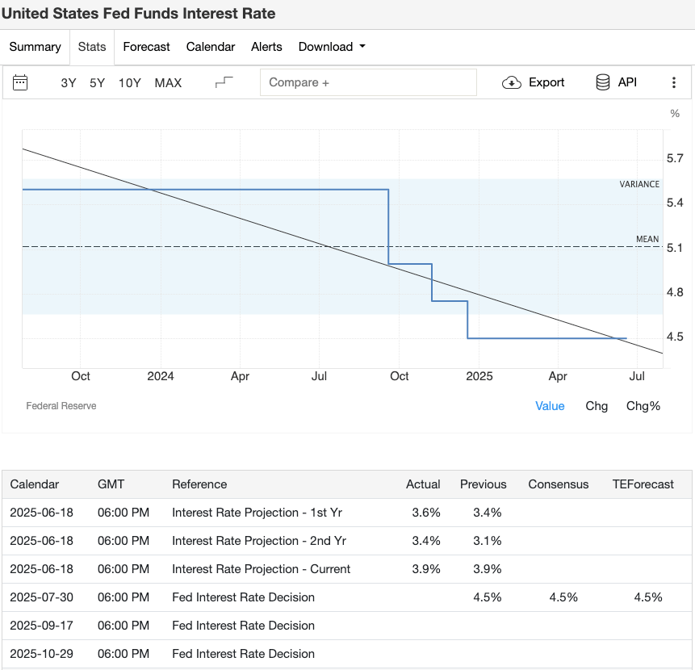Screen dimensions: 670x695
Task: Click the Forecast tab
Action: [146, 47]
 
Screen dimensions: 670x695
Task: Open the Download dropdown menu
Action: [332, 47]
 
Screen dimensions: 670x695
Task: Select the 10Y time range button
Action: [129, 82]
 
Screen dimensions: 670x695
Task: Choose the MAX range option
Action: [168, 82]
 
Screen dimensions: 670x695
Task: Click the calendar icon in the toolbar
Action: [21, 82]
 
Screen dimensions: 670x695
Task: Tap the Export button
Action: [534, 82]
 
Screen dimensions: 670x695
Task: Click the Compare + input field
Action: [368, 82]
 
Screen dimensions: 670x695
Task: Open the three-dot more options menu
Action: [674, 82]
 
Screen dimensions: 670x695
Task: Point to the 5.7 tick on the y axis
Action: [675, 158]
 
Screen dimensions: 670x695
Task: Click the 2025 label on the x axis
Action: [479, 376]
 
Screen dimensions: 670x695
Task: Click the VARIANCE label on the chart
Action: [639, 184]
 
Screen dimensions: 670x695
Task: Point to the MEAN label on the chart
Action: [647, 239]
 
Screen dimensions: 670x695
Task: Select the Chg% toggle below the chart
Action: [643, 406]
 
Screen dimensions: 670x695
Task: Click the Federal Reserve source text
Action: [61, 406]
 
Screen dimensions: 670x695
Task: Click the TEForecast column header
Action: [643, 484]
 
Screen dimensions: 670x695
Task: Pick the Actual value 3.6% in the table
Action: [426, 513]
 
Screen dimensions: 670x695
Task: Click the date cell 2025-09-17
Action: [41, 626]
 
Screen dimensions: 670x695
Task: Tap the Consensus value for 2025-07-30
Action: [563, 597]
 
